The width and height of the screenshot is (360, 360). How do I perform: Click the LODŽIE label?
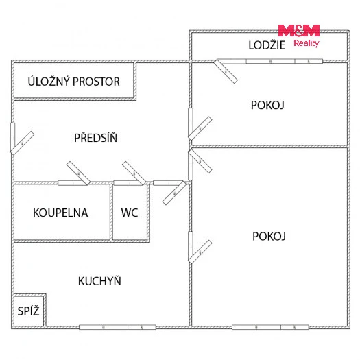pyautogui.click(x=267, y=45)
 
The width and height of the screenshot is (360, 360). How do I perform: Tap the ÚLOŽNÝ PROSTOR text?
pyautogui.click(x=73, y=82)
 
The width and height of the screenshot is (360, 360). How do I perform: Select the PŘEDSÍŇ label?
pyautogui.click(x=95, y=137)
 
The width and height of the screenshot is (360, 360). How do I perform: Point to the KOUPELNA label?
pyautogui.click(x=60, y=213)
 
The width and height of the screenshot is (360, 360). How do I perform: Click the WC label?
pyautogui.click(x=130, y=213)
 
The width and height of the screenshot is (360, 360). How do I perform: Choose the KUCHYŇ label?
pyautogui.click(x=99, y=280)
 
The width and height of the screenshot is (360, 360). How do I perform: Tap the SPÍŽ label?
pyautogui.click(x=29, y=311)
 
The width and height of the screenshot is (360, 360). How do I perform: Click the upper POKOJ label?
pyautogui.click(x=267, y=105)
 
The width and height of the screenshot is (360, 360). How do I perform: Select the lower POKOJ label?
pyautogui.click(x=269, y=237)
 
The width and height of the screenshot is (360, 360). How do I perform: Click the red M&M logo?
pyautogui.click(x=299, y=31)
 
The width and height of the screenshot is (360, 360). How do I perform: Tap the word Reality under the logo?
pyautogui.click(x=307, y=43)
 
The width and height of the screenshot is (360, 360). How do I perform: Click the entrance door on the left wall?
pyautogui.click(x=22, y=143)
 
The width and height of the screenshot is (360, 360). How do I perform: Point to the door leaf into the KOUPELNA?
pyautogui.click(x=78, y=173)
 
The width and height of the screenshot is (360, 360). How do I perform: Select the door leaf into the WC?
pyautogui.click(x=134, y=173)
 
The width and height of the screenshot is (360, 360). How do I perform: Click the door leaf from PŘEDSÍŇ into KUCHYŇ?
pyautogui.click(x=174, y=193)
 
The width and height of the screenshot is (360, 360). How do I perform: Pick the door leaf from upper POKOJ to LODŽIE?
pyautogui.click(x=226, y=71)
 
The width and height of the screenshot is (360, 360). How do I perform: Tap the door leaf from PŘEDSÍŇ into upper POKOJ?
pyautogui.click(x=200, y=128)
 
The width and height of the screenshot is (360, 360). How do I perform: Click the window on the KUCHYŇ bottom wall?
pyautogui.click(x=117, y=327)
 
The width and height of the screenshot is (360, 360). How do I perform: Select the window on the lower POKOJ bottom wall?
pyautogui.click(x=270, y=327)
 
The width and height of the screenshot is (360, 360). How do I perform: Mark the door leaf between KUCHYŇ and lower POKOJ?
pyautogui.click(x=200, y=252)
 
